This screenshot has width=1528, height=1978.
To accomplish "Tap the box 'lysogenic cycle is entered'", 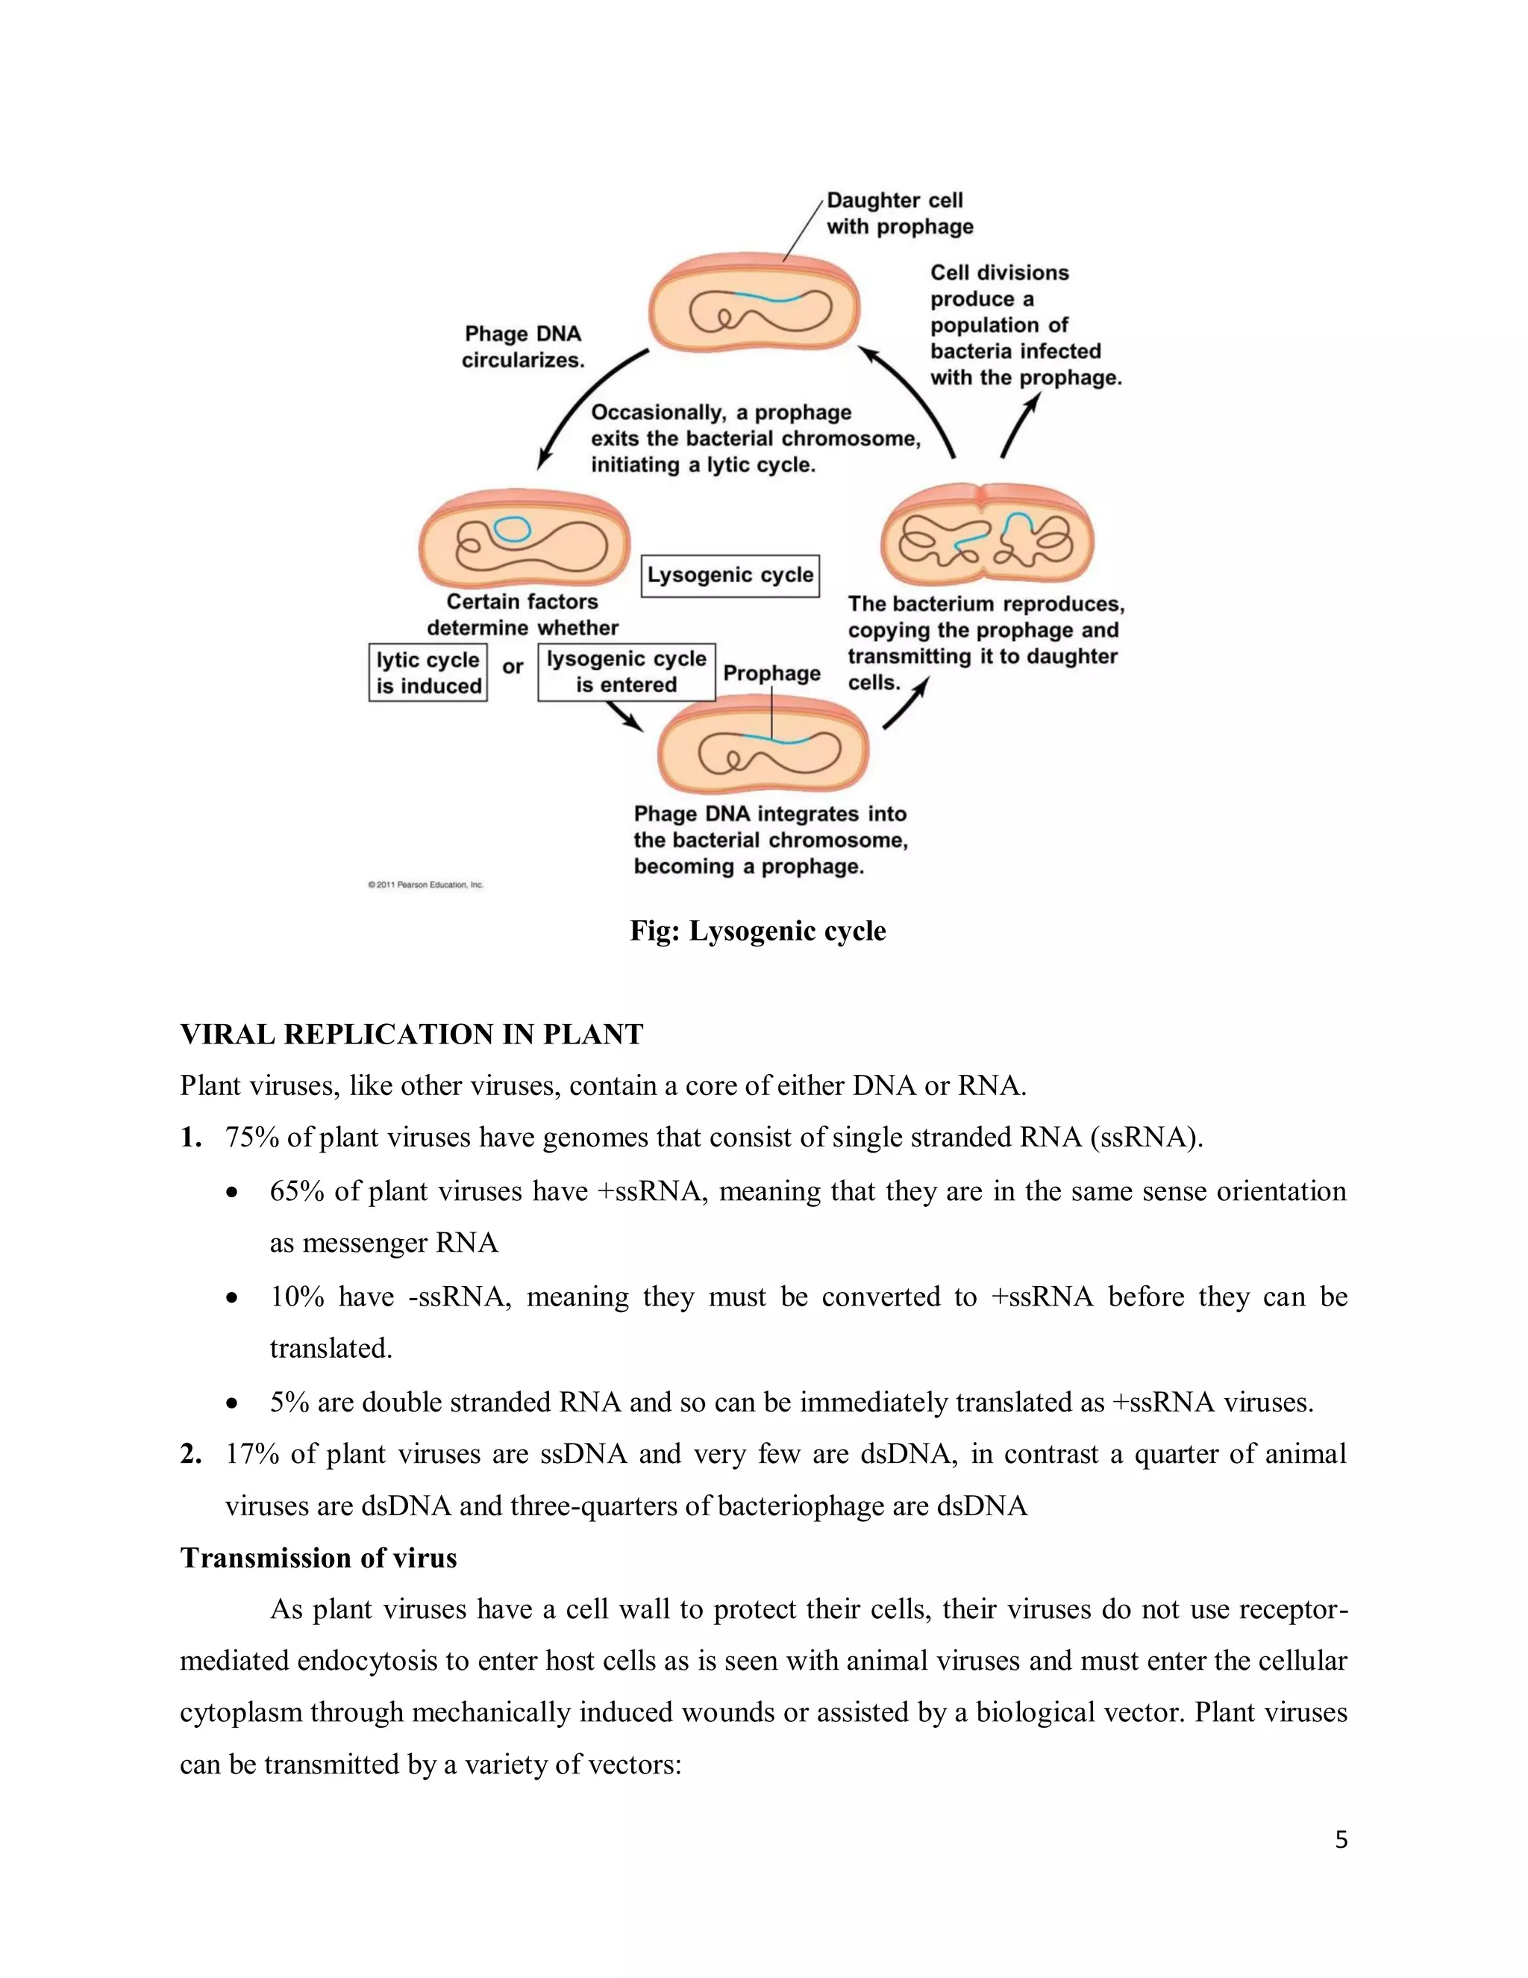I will click(x=627, y=672).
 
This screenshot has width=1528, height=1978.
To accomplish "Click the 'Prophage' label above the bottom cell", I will click(x=771, y=673).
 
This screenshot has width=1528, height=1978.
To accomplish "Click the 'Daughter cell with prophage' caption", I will click(x=899, y=213).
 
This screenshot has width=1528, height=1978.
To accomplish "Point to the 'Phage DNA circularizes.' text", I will click(x=522, y=347).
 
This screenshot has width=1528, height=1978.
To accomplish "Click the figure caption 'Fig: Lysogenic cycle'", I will click(x=758, y=931).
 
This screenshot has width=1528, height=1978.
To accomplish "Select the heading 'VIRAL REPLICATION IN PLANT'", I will click(x=411, y=1035).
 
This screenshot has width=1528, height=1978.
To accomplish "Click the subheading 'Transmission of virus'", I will click(x=319, y=1558).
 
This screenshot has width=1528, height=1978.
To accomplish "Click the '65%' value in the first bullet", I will click(x=296, y=1191).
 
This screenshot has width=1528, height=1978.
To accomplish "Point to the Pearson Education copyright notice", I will click(x=425, y=885).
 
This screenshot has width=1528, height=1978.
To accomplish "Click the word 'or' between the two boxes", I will click(x=513, y=667).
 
